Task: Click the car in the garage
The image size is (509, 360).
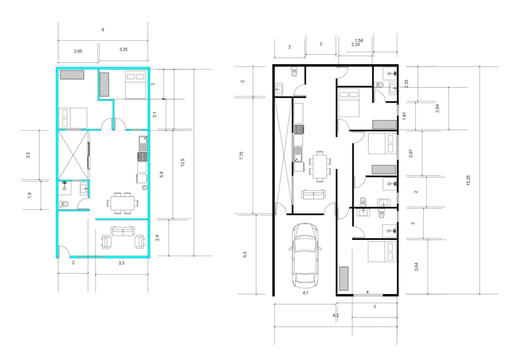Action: coord(305,256)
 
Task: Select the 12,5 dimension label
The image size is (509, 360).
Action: coord(182,163)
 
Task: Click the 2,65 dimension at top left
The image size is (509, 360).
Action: coord(78,51)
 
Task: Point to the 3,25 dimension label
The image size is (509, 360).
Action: coord(124,50)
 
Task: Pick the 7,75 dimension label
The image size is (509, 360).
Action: coord(241,156)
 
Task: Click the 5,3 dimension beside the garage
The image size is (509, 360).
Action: coord(245,255)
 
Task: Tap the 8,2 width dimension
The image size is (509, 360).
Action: coord(336,315)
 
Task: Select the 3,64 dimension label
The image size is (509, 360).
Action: coord(417,267)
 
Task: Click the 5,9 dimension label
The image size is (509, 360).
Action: coord(161,175)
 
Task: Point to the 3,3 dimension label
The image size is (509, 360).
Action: coord(28,155)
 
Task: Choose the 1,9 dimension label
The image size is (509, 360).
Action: coord(29,196)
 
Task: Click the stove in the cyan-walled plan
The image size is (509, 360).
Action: coord(142,157)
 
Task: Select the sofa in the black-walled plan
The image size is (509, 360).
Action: coord(313,194)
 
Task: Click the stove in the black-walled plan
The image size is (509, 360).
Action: coord(299,129)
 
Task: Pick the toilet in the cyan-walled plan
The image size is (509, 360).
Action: coord(64,204)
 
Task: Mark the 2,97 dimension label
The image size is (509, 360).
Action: coord(411,154)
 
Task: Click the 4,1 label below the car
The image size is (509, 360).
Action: coord(306,293)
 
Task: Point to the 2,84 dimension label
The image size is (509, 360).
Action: coord(437,108)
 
